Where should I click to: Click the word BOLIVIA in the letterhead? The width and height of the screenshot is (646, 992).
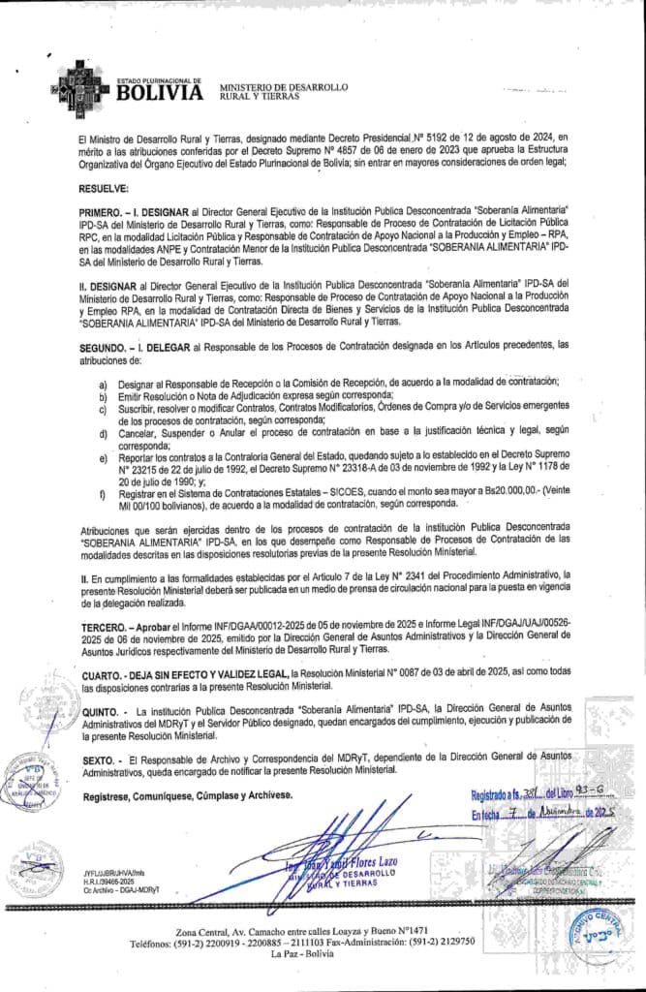coord(160,93)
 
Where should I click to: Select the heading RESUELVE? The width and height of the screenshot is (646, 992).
coord(104,190)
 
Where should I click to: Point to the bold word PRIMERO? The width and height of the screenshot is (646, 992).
coord(103,210)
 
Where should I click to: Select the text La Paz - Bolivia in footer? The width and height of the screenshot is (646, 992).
coord(323,953)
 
